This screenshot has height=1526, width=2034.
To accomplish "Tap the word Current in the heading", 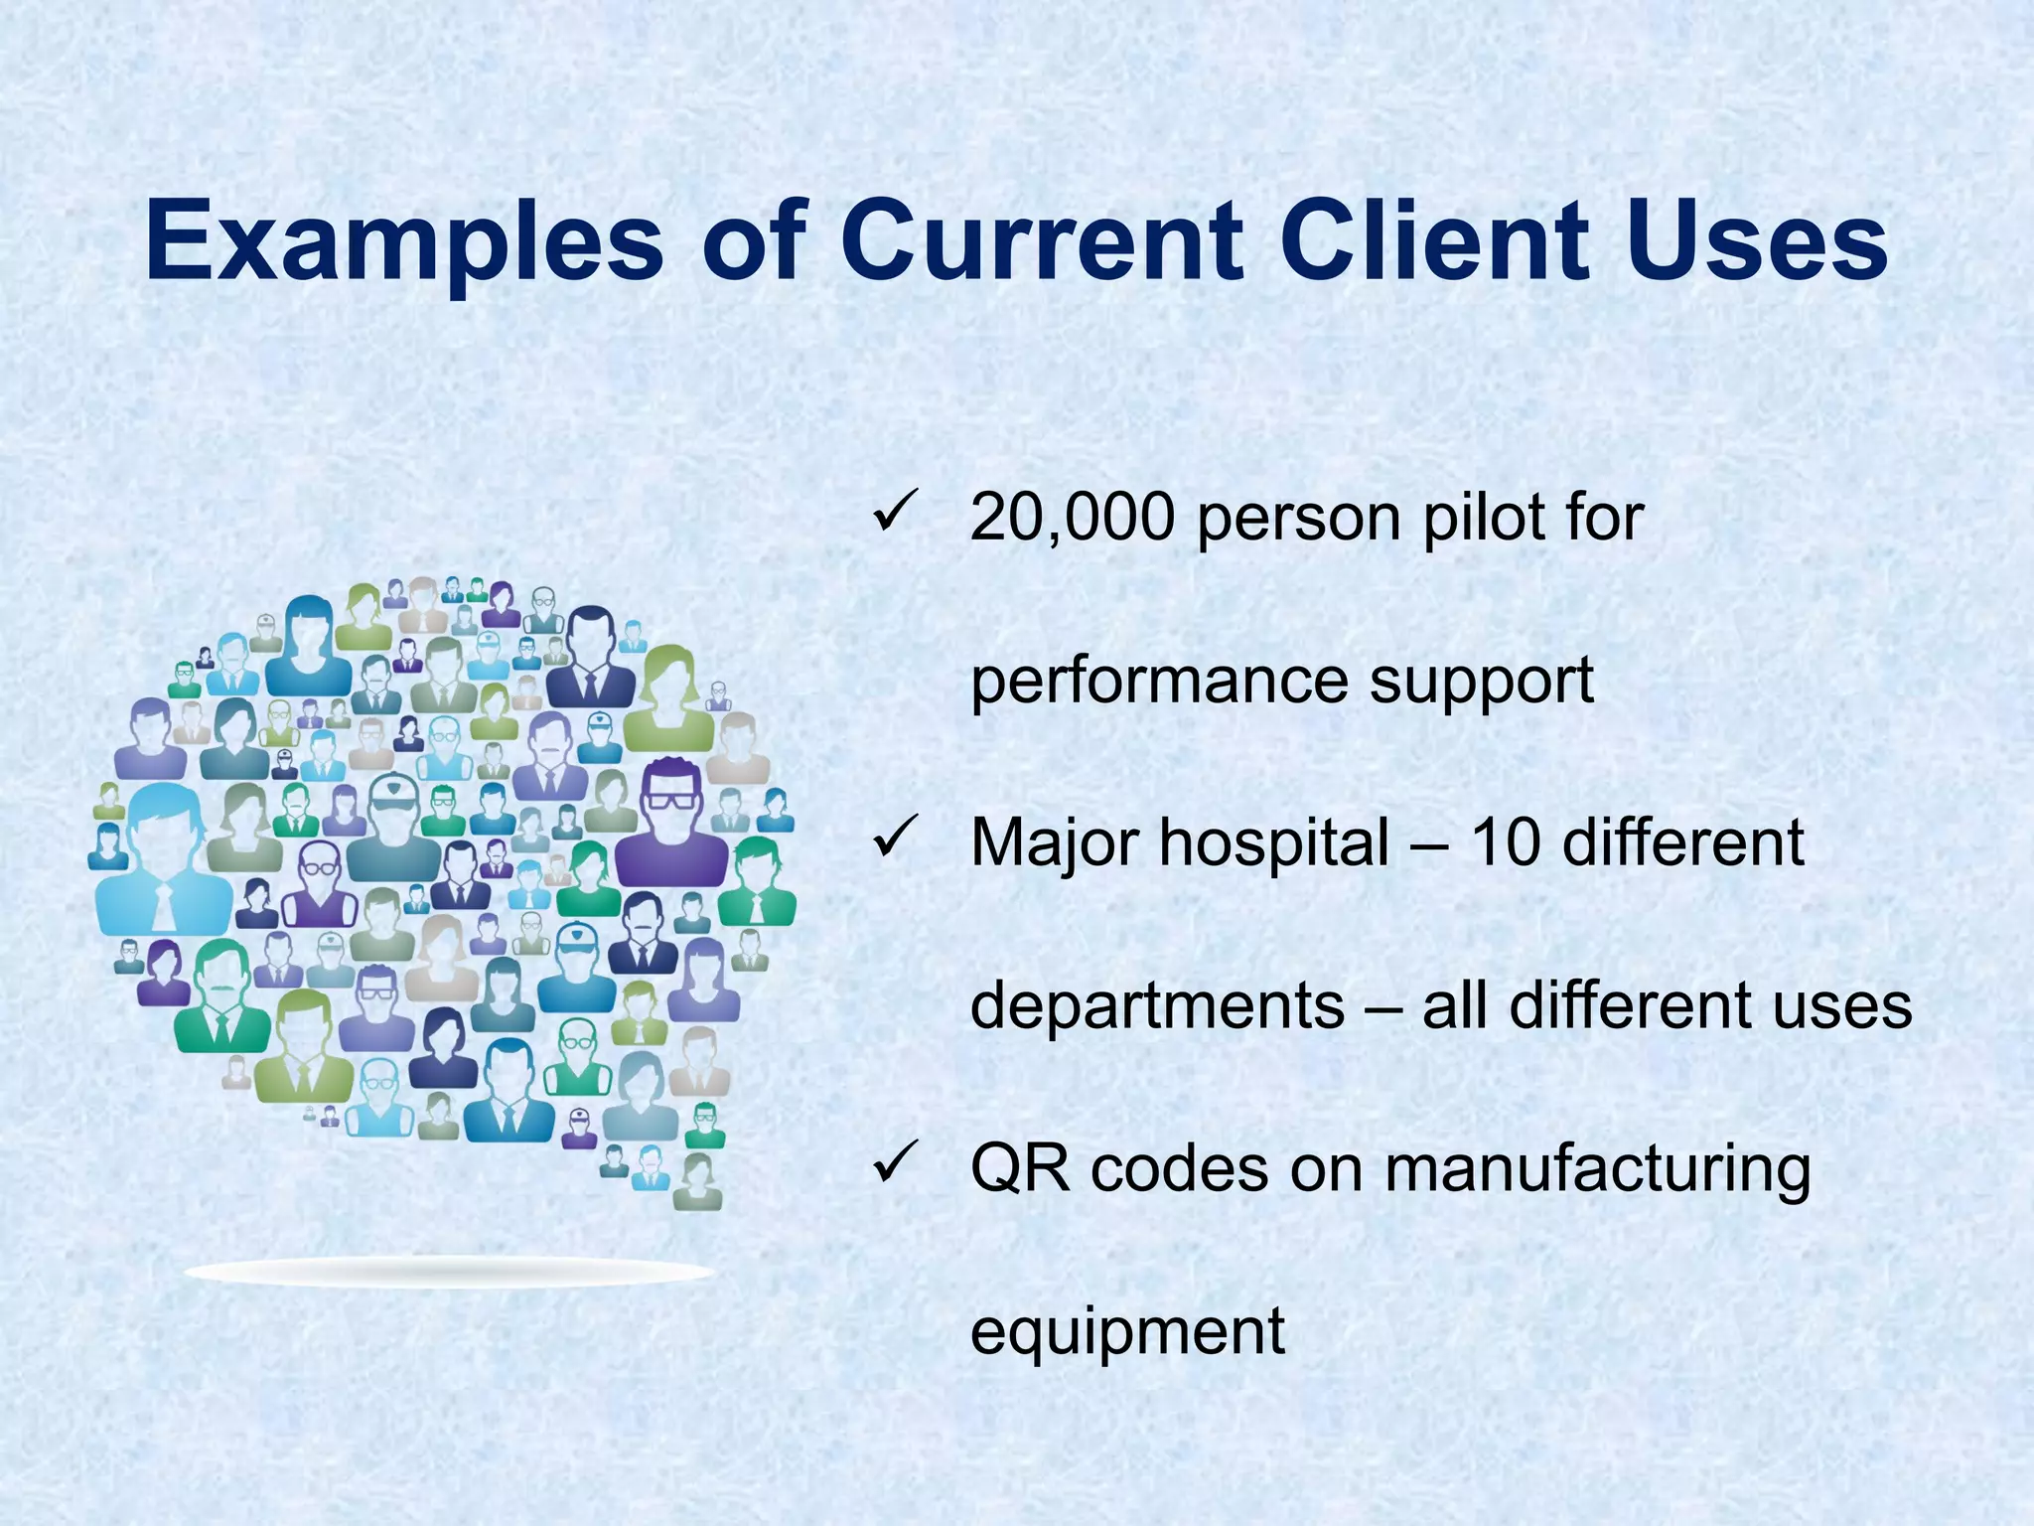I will click(1041, 241).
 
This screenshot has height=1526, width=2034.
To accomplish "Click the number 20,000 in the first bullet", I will click(1072, 519).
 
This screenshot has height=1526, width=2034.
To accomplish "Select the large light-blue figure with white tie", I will click(162, 859).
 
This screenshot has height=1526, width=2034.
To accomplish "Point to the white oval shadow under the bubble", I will click(450, 1272).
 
